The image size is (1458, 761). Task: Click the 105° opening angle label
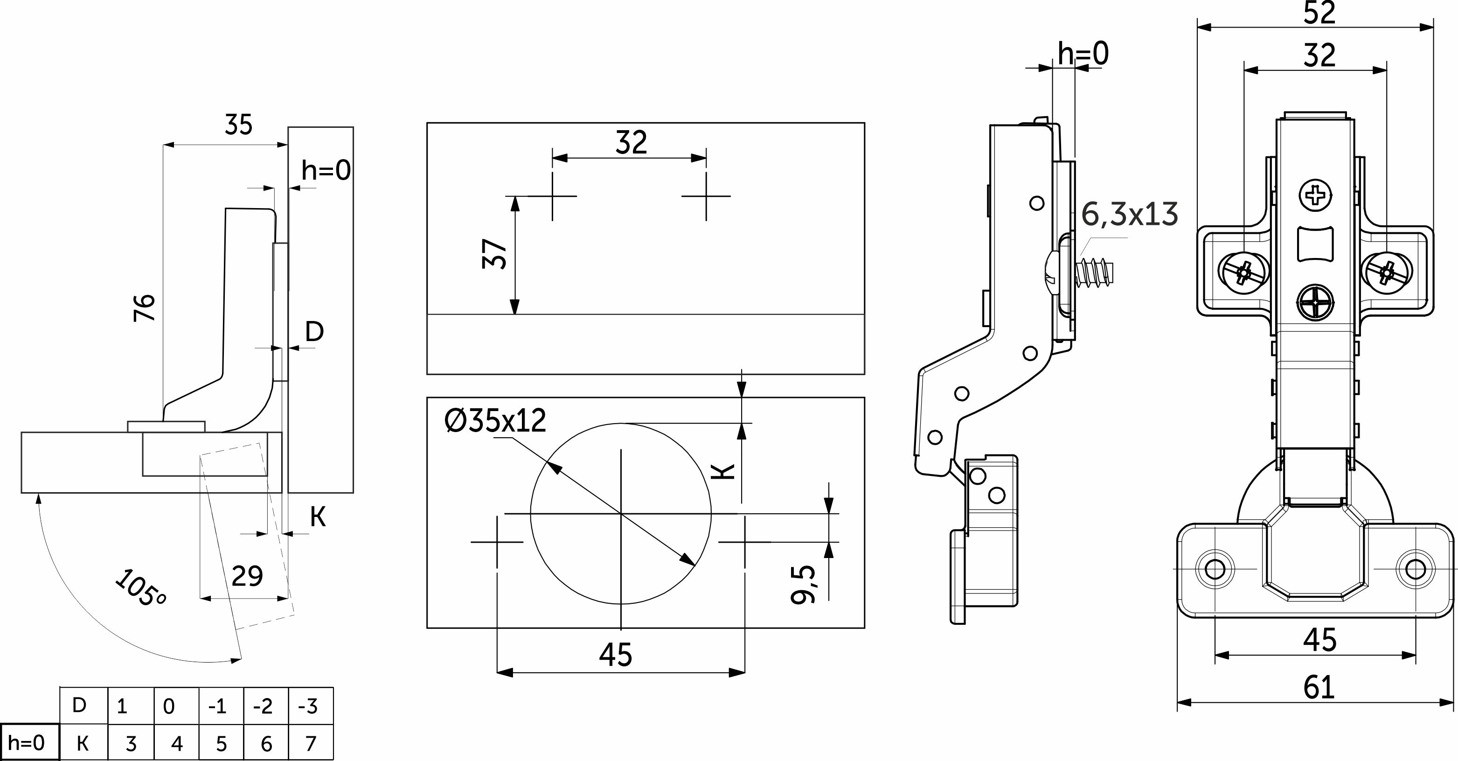(140, 589)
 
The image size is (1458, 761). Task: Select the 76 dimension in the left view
(145, 307)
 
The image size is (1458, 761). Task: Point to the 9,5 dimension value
(804, 584)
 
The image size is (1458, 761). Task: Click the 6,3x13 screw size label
(1130, 215)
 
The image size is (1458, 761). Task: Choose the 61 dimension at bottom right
(1319, 687)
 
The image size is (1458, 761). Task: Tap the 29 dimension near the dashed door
(247, 576)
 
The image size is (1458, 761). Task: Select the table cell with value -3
(311, 706)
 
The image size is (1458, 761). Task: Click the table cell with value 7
(311, 743)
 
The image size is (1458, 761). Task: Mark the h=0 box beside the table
(29, 742)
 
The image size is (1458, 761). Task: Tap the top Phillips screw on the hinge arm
(1315, 196)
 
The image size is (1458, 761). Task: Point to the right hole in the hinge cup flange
(1416, 568)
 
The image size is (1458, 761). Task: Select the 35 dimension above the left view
(238, 125)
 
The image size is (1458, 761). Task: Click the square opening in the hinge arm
(1315, 244)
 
